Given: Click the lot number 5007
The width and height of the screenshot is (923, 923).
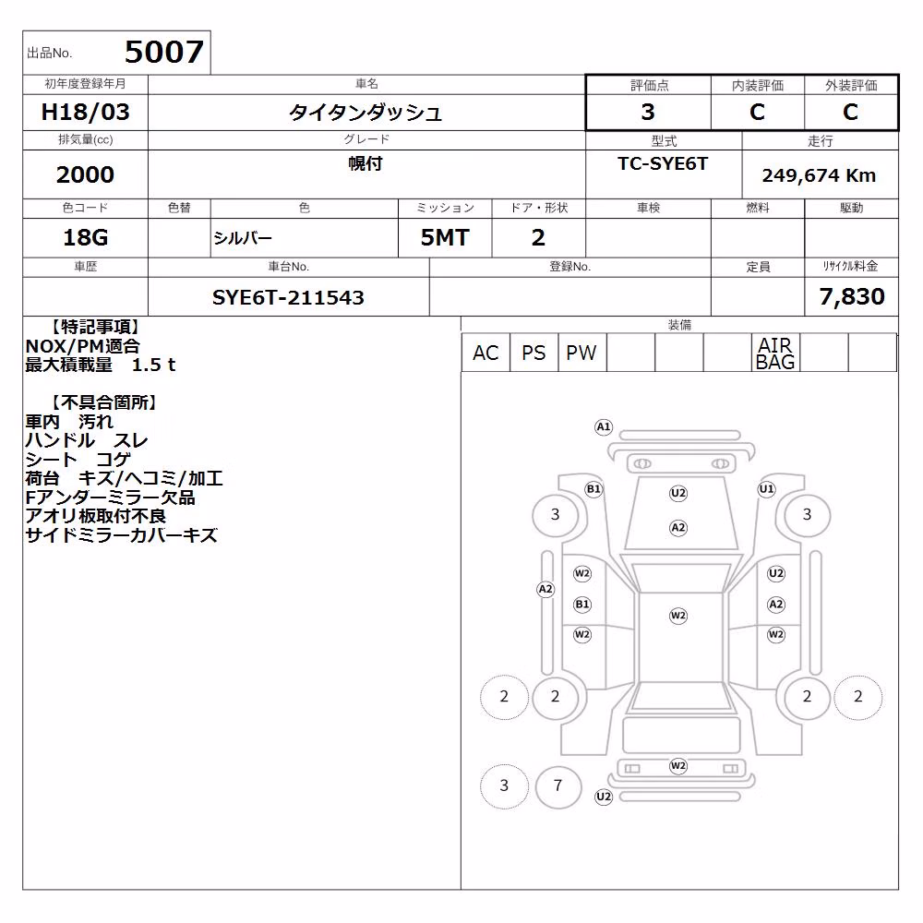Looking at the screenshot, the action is coord(164,52).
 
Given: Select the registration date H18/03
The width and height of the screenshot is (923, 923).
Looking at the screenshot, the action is coord(85,112).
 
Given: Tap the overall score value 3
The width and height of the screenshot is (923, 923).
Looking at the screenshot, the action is coord(648,112).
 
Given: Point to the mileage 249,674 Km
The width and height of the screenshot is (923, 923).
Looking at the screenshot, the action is coord(819,175).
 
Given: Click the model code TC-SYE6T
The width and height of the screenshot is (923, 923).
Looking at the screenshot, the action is coord(663,163).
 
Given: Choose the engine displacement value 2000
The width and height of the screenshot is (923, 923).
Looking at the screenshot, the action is coord(85,174).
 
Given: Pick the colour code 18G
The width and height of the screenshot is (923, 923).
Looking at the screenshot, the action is coord(85,238).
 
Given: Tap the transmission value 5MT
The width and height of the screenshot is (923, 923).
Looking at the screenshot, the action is coord(445,238).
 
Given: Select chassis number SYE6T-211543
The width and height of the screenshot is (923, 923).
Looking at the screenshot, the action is coord(288,298).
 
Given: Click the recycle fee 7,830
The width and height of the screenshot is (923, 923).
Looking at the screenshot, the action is coord(852,297).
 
